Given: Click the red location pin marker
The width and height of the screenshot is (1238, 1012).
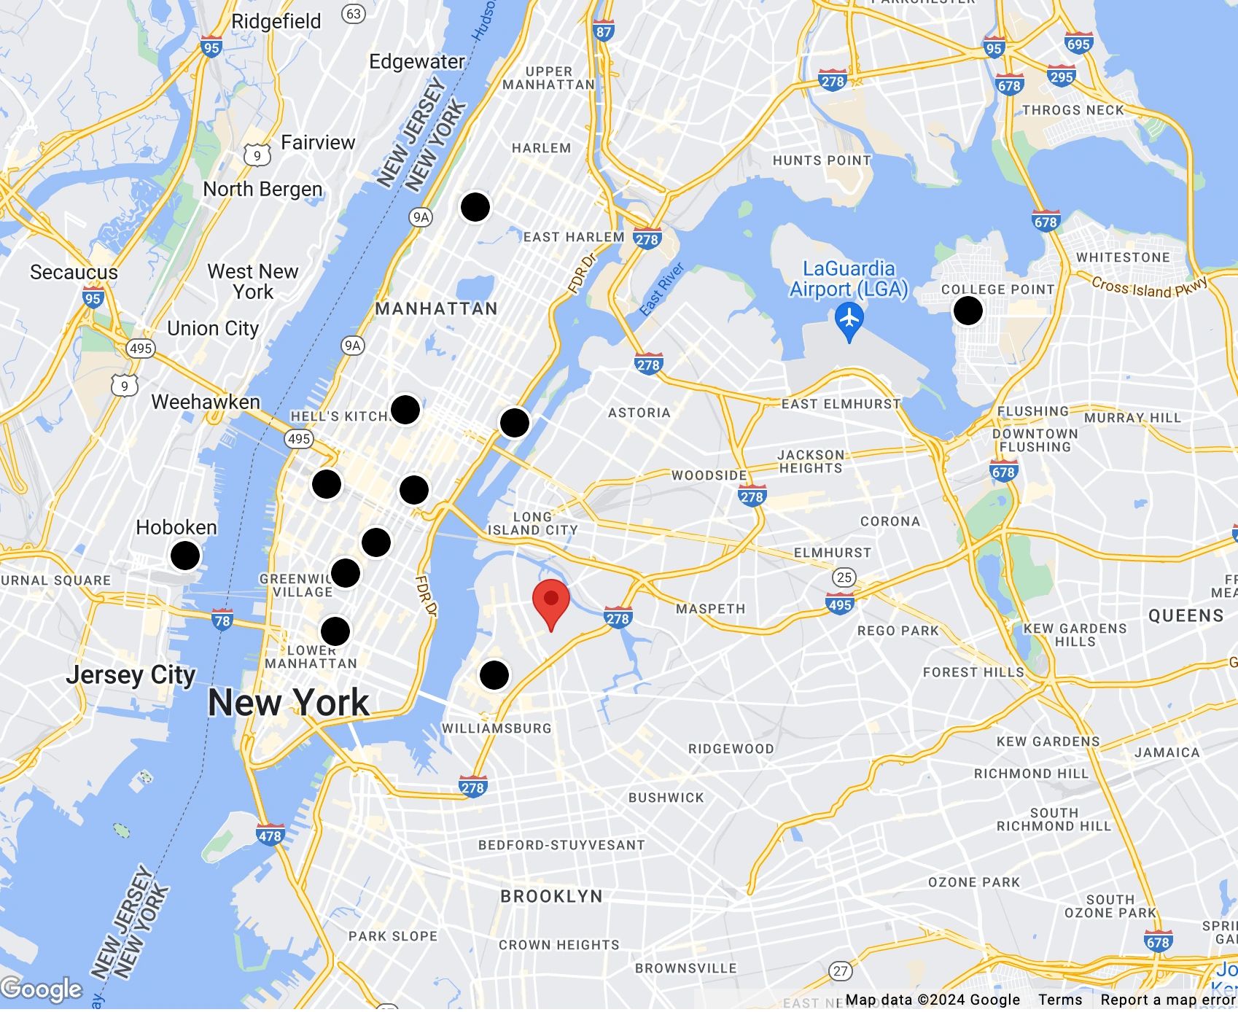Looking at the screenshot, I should pyautogui.click(x=551, y=602).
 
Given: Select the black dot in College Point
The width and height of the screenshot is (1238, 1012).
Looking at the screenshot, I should pyautogui.click(x=968, y=311).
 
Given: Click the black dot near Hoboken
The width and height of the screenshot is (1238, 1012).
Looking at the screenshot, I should pyautogui.click(x=185, y=556).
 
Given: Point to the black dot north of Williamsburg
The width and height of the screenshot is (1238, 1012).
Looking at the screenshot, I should pyautogui.click(x=494, y=674).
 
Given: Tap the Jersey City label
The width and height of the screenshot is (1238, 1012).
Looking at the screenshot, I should pyautogui.click(x=131, y=675).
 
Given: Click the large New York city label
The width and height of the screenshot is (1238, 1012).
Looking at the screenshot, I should pyautogui.click(x=289, y=703).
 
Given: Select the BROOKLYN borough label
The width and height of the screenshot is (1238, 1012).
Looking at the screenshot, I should pyautogui.click(x=552, y=896).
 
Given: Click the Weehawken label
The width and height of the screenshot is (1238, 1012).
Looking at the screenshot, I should pyautogui.click(x=206, y=402).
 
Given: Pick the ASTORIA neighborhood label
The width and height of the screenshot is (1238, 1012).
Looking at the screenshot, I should pyautogui.click(x=639, y=413).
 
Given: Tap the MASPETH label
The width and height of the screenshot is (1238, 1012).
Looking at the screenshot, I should pyautogui.click(x=711, y=609).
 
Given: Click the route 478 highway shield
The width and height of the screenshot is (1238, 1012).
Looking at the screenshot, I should pyautogui.click(x=270, y=835).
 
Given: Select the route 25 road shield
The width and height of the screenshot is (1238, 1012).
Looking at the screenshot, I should pyautogui.click(x=844, y=577).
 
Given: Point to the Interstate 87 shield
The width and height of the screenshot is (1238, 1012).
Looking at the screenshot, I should pyautogui.click(x=604, y=31).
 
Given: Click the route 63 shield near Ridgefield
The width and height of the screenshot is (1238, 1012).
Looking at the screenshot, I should pyautogui.click(x=354, y=14).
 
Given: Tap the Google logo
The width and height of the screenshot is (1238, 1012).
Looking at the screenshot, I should pyautogui.click(x=42, y=989).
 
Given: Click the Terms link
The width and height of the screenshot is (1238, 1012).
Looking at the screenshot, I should pyautogui.click(x=1060, y=1000).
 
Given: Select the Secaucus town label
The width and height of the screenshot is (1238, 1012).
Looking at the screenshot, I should pyautogui.click(x=74, y=273).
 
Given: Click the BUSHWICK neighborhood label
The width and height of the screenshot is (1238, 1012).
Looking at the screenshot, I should pyautogui.click(x=666, y=798).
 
